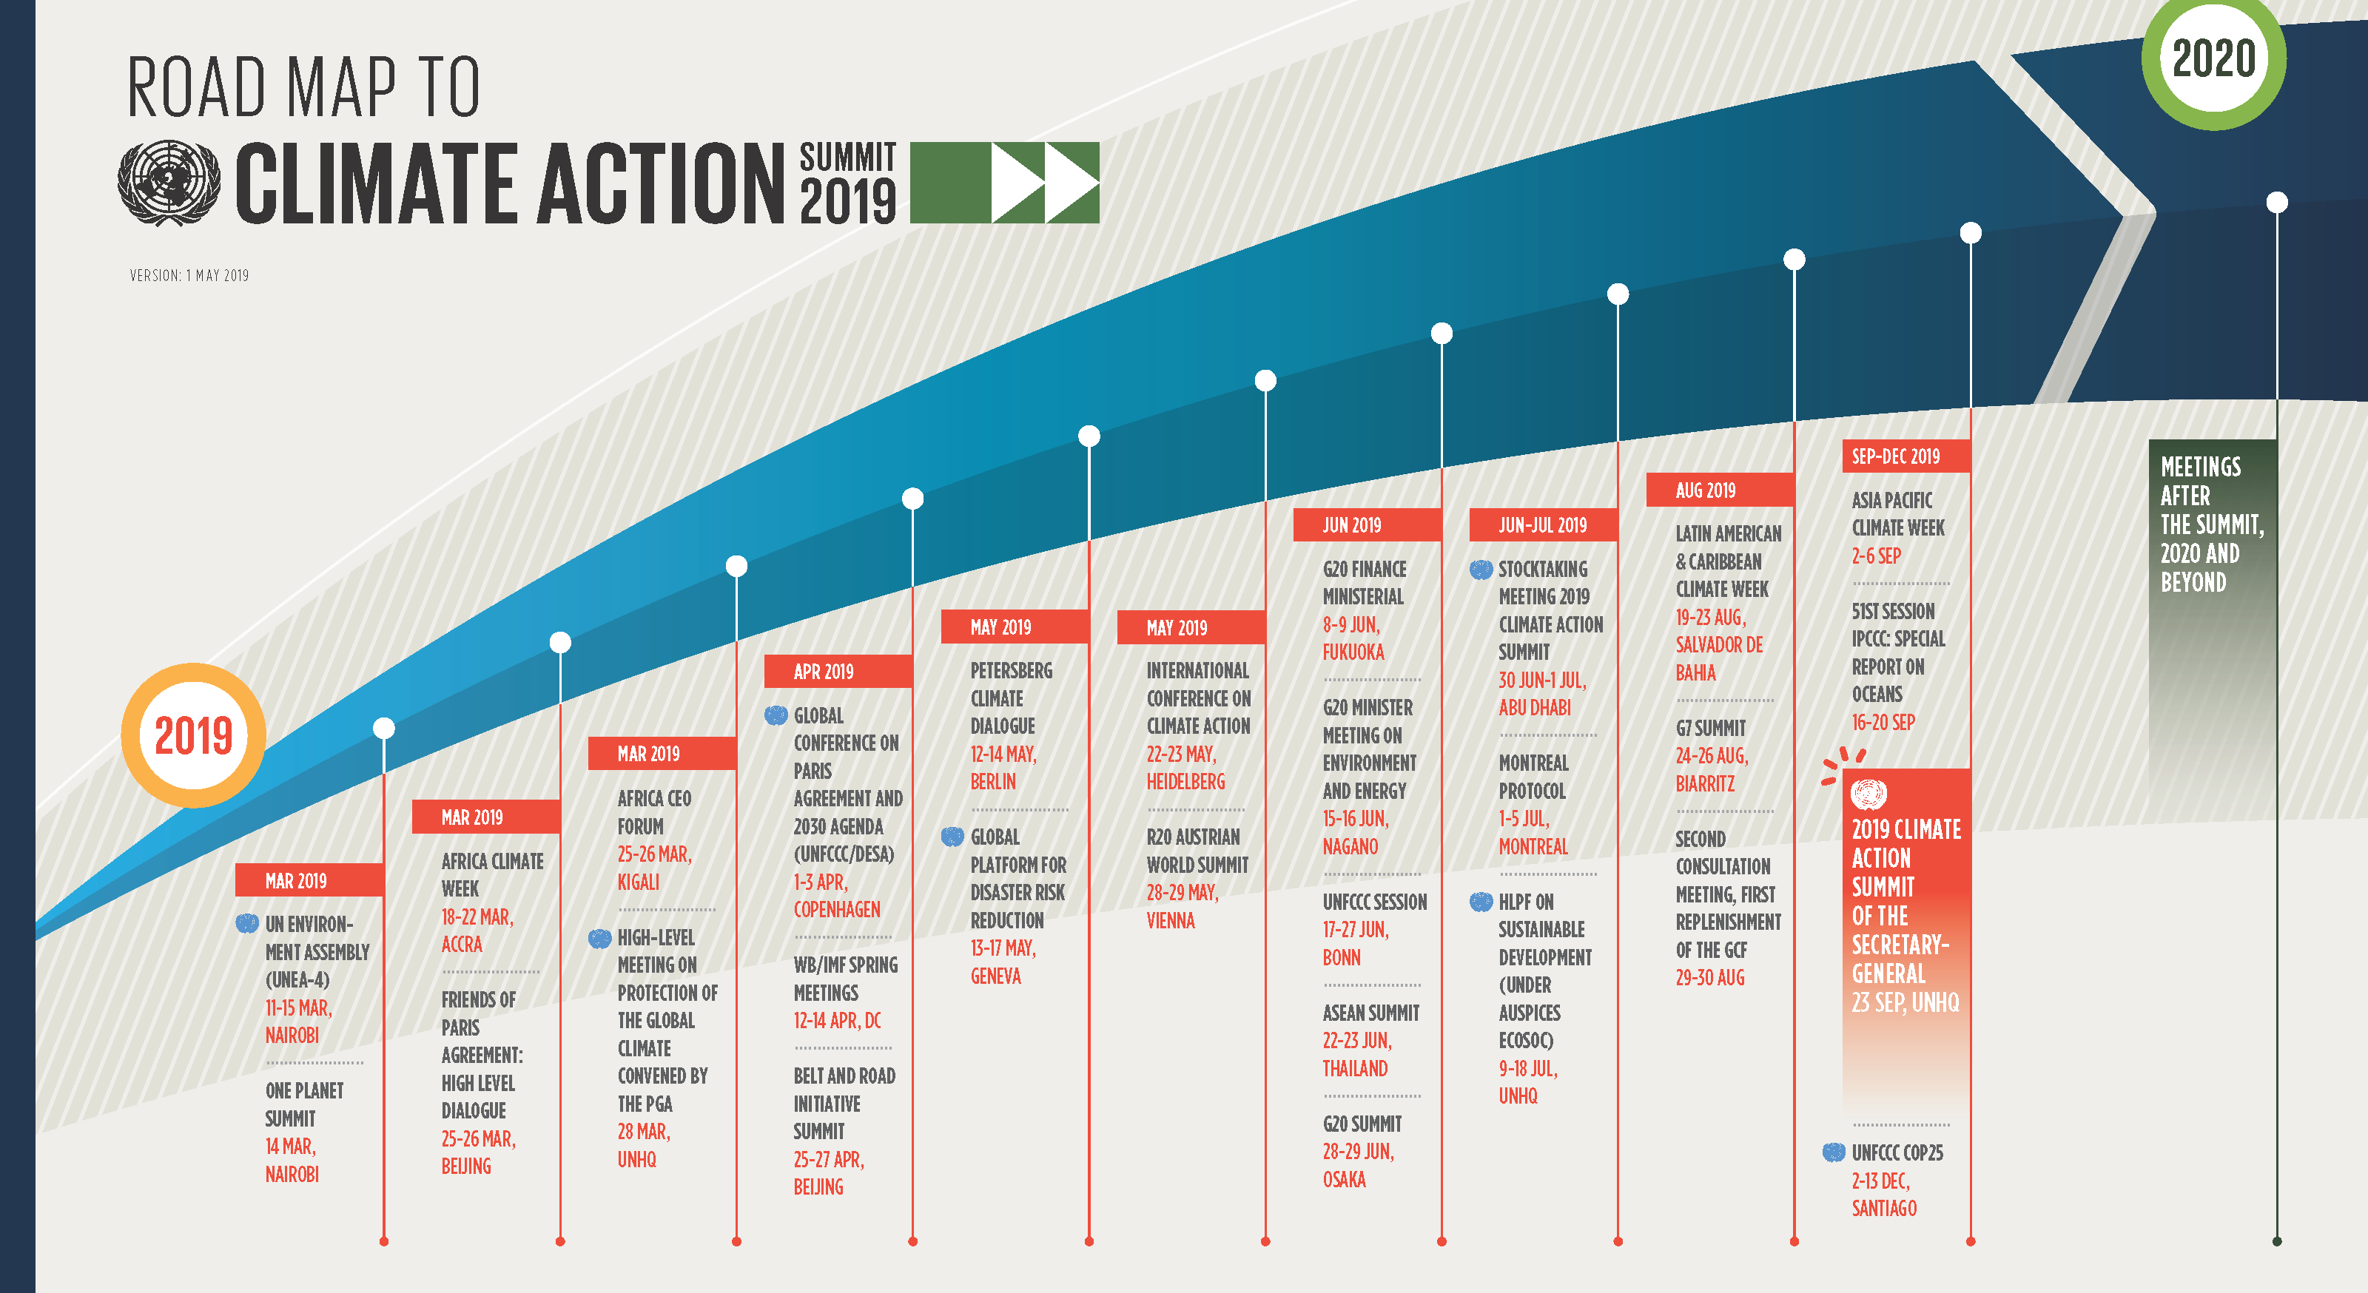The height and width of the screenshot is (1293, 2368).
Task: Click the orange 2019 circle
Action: (x=193, y=735)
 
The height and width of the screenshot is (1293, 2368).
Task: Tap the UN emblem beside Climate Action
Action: (x=169, y=182)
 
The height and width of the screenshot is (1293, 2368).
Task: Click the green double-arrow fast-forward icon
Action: (x=1005, y=182)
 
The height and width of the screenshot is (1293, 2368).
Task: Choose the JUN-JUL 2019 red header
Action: (x=1544, y=524)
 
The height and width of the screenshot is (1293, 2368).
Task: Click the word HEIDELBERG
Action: (x=1185, y=782)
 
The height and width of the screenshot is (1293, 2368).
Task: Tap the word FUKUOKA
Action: (x=1353, y=652)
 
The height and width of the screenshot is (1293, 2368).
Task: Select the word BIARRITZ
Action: (x=1705, y=784)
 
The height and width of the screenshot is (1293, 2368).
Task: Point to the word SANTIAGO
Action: (x=1885, y=1209)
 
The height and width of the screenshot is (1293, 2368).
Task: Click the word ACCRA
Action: (x=462, y=945)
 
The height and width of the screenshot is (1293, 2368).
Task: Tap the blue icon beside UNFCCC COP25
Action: (x=1834, y=1152)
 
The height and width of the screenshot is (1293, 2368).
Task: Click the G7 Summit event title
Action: (x=1711, y=729)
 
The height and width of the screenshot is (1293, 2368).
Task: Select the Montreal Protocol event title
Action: (x=1533, y=777)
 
